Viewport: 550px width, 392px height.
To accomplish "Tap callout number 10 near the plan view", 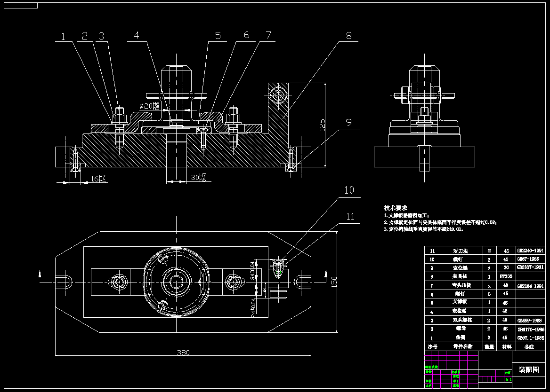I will (349, 190).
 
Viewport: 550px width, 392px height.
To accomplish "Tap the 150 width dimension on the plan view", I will (334, 281).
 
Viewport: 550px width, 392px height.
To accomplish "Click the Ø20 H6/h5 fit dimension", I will (150, 106).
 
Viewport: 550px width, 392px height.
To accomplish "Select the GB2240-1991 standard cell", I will (530, 251).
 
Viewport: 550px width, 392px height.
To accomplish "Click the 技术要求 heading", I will (396, 208).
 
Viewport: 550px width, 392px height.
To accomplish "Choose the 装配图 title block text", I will (528, 369).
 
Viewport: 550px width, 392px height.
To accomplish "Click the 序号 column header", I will (432, 346).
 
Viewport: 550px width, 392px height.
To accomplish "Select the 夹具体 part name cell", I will (460, 277).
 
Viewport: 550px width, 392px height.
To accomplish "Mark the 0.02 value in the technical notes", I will (491, 222).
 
